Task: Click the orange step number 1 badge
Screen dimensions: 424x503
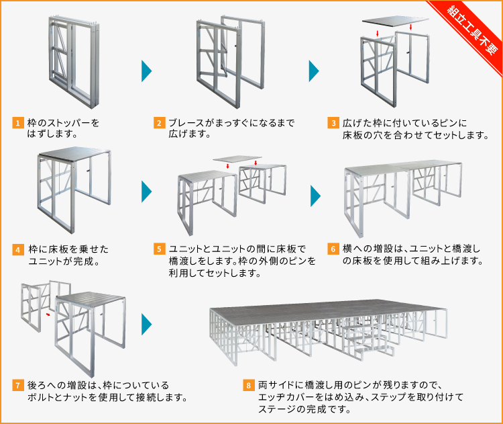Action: [x=17, y=123]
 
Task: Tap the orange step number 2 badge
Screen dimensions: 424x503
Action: [x=160, y=123]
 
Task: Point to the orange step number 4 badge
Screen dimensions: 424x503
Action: [x=17, y=249]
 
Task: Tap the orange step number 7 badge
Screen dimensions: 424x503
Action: [x=17, y=386]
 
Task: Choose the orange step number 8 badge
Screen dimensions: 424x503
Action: [x=248, y=386]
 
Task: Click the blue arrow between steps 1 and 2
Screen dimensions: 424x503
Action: [x=146, y=71]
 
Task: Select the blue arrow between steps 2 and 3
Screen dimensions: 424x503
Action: [x=313, y=71]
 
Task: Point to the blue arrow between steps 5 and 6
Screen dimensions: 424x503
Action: [x=315, y=195]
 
